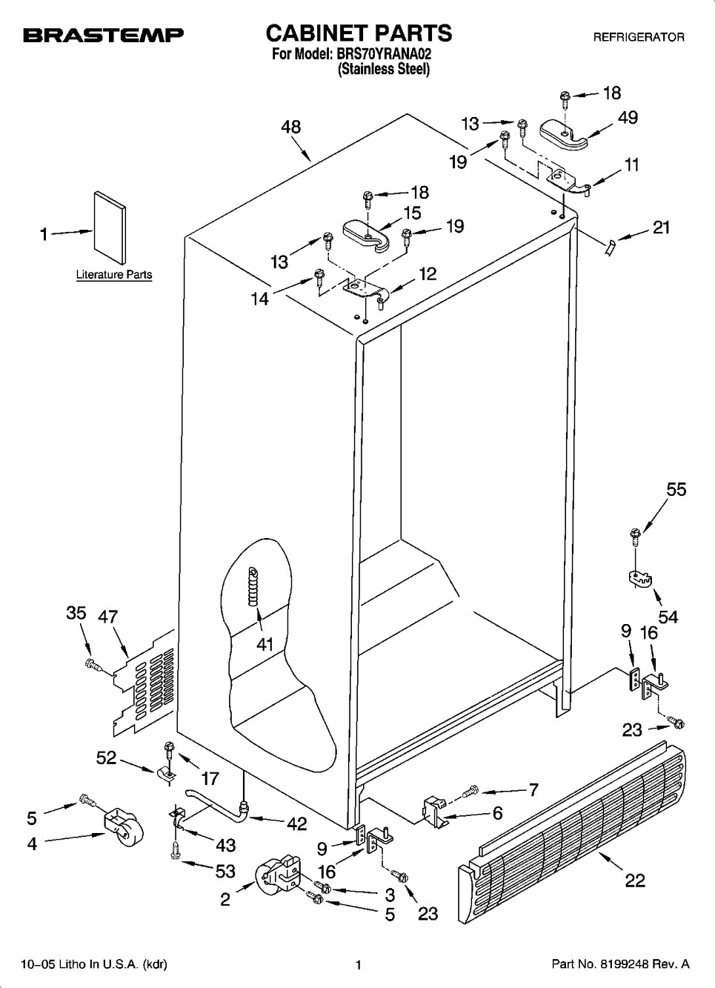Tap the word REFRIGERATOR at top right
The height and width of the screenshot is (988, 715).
[x=638, y=37]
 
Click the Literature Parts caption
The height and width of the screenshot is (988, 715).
[x=114, y=274]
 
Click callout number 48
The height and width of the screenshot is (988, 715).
[x=291, y=127]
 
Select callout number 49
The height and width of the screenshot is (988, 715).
[x=628, y=117]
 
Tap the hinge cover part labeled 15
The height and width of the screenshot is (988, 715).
[x=362, y=233]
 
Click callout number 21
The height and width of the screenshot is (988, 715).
[x=660, y=227]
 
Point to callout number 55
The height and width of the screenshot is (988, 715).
[x=676, y=489]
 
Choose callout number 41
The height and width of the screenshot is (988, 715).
[x=265, y=644]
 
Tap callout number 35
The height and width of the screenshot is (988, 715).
[x=76, y=614]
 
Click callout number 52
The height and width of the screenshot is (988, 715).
[x=107, y=757]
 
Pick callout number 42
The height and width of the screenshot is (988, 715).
[x=296, y=824]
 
